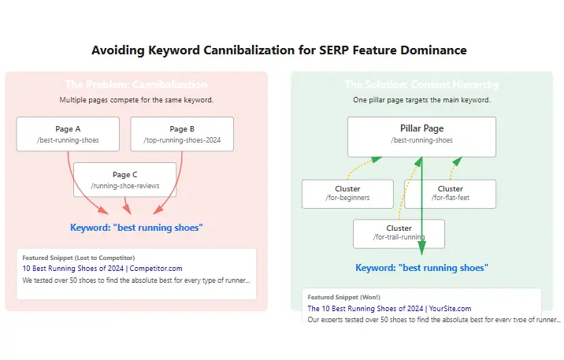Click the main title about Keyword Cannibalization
coord(279,50)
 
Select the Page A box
coord(68,134)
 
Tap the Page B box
coord(181,134)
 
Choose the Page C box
coord(124,180)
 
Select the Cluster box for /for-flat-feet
coord(450,194)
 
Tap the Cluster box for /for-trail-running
coord(399,233)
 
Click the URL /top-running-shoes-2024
coord(181,140)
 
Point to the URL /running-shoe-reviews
coord(124,186)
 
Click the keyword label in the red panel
coord(136,228)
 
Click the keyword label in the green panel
coord(421,268)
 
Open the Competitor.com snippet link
coord(102,268)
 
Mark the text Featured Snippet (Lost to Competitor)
coord(78,258)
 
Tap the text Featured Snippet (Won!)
coord(338,297)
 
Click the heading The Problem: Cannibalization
coord(136,85)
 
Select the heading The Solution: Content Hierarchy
coord(421,85)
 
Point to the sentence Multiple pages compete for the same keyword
coord(136,100)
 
